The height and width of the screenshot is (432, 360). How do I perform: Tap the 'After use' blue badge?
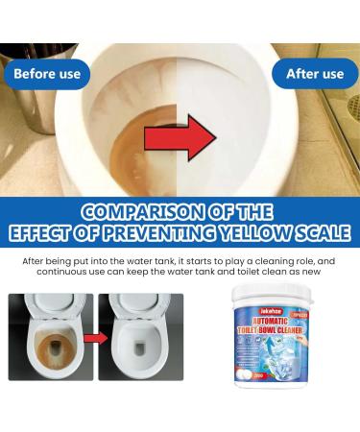pos(315,74)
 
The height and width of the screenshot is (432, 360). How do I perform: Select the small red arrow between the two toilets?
pos(95,338)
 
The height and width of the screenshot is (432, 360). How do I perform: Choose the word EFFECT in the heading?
pos(49,232)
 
